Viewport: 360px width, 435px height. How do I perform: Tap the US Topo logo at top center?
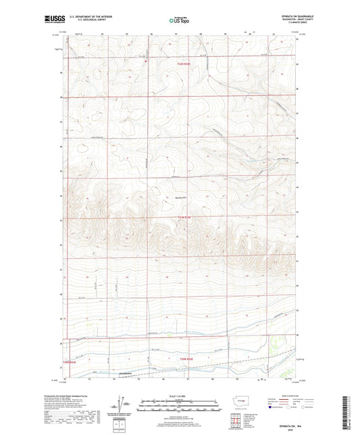pyautogui.click(x=178, y=21)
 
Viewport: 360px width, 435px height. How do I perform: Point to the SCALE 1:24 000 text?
pyautogui.click(x=179, y=396)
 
